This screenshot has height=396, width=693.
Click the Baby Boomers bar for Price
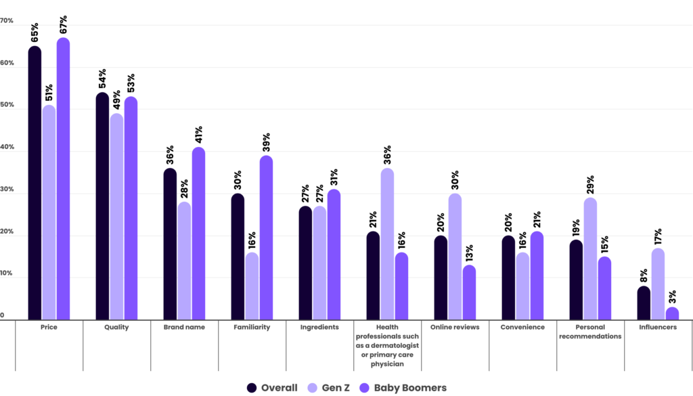63,179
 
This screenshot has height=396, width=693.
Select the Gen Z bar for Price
49,213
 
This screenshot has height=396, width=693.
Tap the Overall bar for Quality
102,206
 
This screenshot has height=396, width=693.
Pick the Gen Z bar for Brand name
184,261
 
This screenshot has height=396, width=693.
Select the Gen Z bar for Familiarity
252,286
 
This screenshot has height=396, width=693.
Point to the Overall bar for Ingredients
305,263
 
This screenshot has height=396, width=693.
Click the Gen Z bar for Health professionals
387,244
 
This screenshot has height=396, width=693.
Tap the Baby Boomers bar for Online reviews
469,292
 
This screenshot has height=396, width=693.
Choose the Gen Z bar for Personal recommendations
590,259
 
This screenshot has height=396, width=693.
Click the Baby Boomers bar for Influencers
672,313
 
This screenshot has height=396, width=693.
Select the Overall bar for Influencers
644,303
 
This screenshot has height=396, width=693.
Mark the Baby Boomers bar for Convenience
537,276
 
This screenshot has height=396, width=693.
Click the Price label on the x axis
49,327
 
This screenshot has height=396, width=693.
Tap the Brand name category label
184,327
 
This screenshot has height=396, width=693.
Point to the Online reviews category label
455,327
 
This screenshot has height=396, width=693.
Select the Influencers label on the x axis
658,327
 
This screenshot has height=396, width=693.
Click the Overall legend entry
272,388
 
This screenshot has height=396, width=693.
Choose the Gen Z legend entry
330,388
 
